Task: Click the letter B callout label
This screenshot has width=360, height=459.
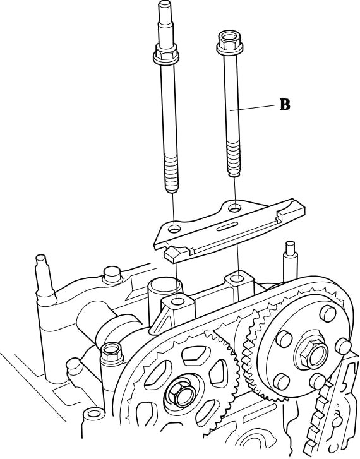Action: [x=285, y=105]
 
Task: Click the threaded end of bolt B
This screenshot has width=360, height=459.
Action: [x=234, y=159]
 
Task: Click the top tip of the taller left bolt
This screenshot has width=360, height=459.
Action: [x=164, y=4]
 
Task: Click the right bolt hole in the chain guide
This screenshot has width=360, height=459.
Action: [x=234, y=208]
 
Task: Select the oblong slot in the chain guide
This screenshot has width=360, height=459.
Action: [x=227, y=227]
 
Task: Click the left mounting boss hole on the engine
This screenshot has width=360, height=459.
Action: [x=178, y=301]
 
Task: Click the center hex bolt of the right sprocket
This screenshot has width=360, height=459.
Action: [x=312, y=354]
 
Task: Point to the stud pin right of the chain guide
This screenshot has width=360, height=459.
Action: [x=289, y=261]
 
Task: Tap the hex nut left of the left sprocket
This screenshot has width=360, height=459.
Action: [x=112, y=353]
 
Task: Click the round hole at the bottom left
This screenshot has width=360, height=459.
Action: [x=94, y=414]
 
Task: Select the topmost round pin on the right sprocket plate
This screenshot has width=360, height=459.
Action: [x=328, y=313]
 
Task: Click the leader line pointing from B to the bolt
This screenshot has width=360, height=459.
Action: [x=252, y=107]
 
